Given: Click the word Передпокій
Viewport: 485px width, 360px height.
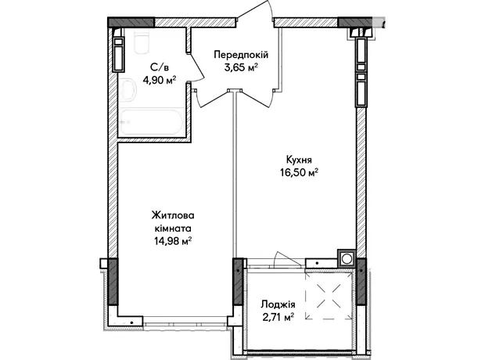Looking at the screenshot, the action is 241,55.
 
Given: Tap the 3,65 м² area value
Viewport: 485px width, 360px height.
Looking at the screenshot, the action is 241,67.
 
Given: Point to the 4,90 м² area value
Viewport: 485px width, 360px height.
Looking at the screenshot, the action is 160,80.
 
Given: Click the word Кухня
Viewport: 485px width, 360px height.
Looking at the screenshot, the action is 299,160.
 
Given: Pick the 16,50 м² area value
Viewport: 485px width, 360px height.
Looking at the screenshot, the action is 299,172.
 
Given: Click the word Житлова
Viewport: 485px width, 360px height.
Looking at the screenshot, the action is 173,215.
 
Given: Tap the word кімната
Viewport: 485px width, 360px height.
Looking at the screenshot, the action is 173,229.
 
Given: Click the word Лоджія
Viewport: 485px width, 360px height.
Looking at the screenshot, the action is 278,304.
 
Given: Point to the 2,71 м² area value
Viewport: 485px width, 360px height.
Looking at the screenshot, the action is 278,317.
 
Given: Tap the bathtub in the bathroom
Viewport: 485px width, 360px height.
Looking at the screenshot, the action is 152,122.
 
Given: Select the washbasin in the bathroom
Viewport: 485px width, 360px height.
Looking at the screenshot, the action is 128,89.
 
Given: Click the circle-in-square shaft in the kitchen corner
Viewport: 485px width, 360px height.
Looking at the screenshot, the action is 347,258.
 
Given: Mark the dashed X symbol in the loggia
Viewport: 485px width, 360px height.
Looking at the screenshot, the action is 329,296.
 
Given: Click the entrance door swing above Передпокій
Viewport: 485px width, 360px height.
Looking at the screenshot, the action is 255,13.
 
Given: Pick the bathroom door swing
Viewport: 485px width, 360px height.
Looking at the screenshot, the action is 196,67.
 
